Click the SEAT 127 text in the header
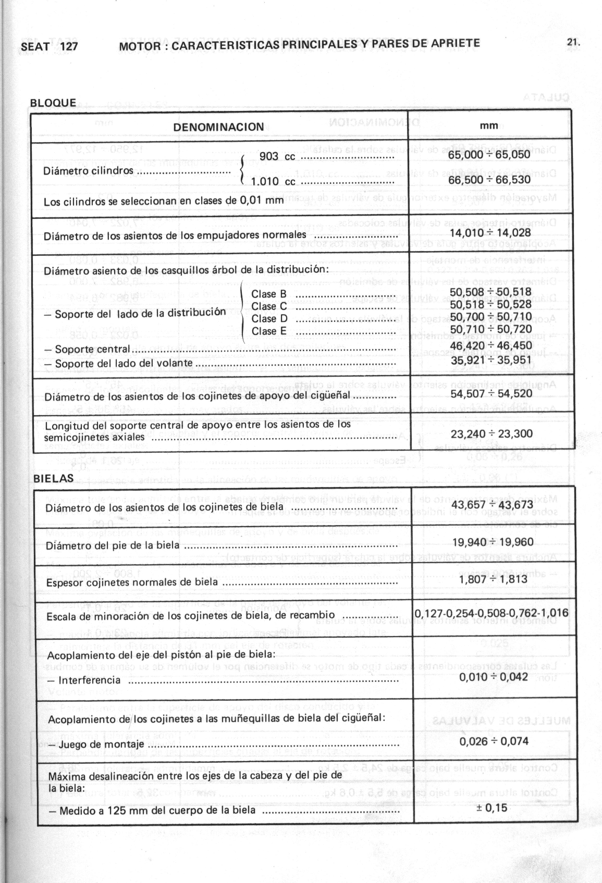(50, 46)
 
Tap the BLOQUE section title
(53, 103)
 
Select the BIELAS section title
(54, 478)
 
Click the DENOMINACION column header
(219, 127)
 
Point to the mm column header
(489, 126)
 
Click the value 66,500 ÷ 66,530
(489, 179)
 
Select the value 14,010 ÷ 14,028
(490, 233)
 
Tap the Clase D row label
(269, 318)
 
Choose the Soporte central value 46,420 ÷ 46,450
(491, 345)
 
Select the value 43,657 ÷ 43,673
(493, 505)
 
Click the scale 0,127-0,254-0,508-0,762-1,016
(492, 613)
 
